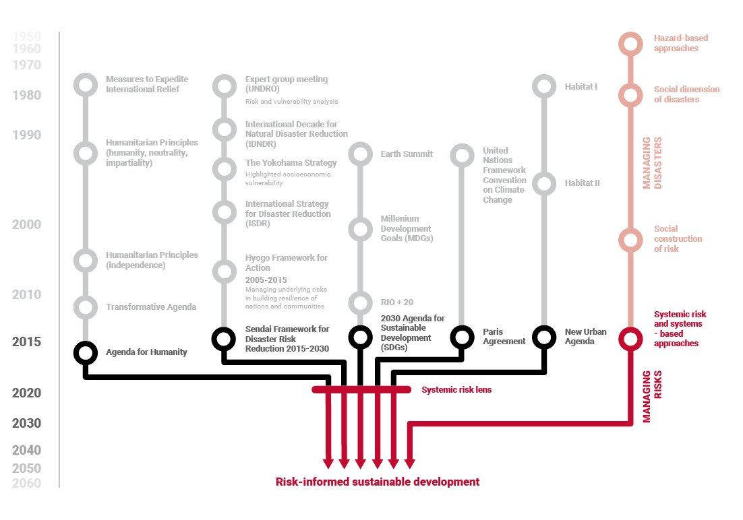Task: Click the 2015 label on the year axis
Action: click(x=26, y=342)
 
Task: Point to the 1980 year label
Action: click(x=26, y=96)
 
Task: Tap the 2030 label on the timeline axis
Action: click(x=26, y=424)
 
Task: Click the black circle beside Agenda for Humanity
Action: click(x=86, y=352)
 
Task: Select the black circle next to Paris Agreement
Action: click(x=462, y=336)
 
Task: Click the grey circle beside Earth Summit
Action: click(x=360, y=154)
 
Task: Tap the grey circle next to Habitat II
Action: click(x=543, y=183)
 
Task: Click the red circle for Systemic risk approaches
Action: click(x=630, y=337)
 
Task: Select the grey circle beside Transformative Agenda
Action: click(x=86, y=307)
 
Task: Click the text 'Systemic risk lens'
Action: click(x=456, y=390)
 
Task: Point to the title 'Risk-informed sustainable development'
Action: click(x=378, y=482)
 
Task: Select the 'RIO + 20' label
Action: click(x=397, y=302)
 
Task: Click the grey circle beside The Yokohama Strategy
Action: click(x=223, y=169)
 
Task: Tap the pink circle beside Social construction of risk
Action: click(x=630, y=239)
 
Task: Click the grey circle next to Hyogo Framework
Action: click(x=223, y=272)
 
